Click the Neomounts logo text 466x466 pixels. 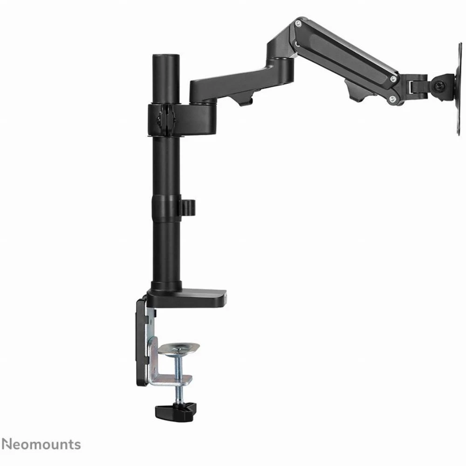(41, 445)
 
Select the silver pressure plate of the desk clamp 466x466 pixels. (178, 348)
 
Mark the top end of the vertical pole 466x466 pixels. (166, 55)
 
